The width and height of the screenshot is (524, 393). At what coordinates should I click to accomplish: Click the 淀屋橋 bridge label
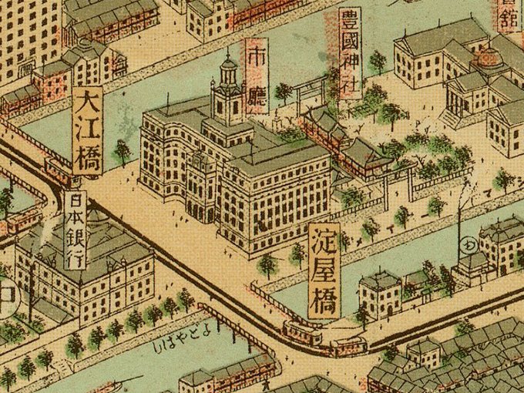point(324,270)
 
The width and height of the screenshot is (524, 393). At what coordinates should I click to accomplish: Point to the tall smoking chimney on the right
point(460,223)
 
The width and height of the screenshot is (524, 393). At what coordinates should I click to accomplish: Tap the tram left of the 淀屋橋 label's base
point(302,333)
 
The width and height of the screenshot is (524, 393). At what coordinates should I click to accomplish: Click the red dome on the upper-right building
point(487,59)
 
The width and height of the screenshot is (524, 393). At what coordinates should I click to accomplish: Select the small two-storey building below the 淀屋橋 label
point(379,293)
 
